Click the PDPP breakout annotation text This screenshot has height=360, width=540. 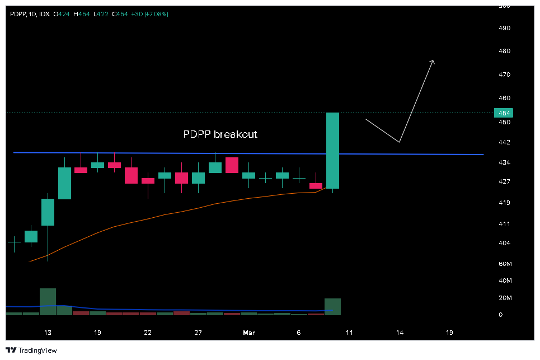coord(220,134)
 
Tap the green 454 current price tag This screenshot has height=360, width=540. coord(505,113)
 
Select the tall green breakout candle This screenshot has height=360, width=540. coord(332,150)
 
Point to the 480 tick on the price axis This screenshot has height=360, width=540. coord(505,51)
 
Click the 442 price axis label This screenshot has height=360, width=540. coord(505,143)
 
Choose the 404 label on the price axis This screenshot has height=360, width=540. coord(505,243)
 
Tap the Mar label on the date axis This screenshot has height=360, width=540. coord(249,333)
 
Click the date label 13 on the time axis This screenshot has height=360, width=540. coord(48,333)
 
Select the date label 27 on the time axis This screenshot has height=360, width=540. coord(198,333)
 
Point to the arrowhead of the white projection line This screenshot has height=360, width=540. coord(433,61)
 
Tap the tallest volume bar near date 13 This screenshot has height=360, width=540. coord(48,301)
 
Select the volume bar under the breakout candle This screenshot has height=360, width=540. coord(332,306)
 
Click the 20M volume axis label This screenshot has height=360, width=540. coord(505,298)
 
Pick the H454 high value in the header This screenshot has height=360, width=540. coord(82,13)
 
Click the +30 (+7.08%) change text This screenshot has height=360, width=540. coord(149,13)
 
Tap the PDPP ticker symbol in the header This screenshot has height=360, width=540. coord(18,13)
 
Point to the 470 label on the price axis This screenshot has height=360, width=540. coord(505,74)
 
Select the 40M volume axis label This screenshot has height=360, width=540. coord(505,280)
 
